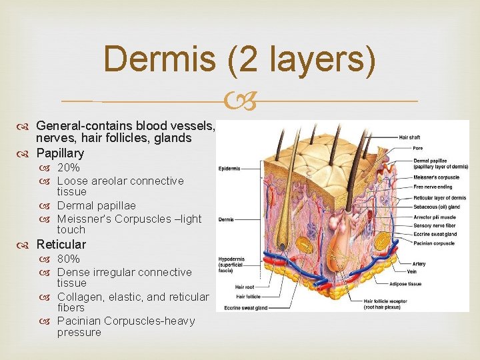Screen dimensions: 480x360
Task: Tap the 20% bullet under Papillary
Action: point(69,168)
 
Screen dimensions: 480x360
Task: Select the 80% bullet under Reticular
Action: point(69,259)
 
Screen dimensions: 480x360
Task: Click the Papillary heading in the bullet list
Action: point(60,153)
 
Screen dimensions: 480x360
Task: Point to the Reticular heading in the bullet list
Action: point(61,245)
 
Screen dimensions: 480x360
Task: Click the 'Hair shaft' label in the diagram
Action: point(410,137)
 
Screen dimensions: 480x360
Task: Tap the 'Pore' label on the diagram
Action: point(417,148)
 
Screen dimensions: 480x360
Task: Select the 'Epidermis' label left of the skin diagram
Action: point(229,168)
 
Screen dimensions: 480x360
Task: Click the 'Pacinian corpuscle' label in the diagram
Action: point(434,244)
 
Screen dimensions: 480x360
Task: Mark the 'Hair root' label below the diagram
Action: point(245,287)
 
